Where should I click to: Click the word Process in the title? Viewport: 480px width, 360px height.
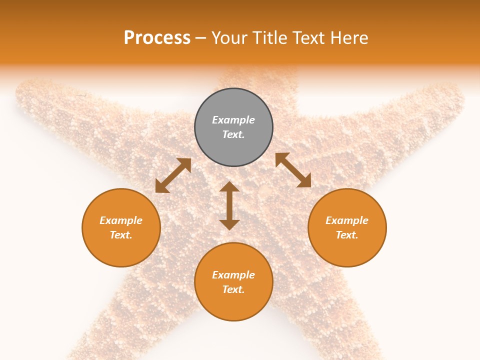(x=157, y=38)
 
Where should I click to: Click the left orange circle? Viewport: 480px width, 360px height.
(x=121, y=227)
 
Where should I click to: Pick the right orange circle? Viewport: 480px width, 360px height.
(x=347, y=227)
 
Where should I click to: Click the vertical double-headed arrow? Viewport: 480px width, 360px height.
(x=229, y=205)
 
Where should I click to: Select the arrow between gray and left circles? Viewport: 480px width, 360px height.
(x=173, y=175)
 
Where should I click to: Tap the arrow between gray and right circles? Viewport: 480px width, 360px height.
(x=293, y=170)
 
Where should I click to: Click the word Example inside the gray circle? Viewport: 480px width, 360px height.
(x=233, y=120)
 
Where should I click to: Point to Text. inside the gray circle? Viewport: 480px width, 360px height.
(x=233, y=134)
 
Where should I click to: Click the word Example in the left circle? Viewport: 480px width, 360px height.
(x=121, y=220)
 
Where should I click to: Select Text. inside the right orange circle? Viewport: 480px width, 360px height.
(x=347, y=235)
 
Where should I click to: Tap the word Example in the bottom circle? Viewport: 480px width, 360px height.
(x=233, y=275)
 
